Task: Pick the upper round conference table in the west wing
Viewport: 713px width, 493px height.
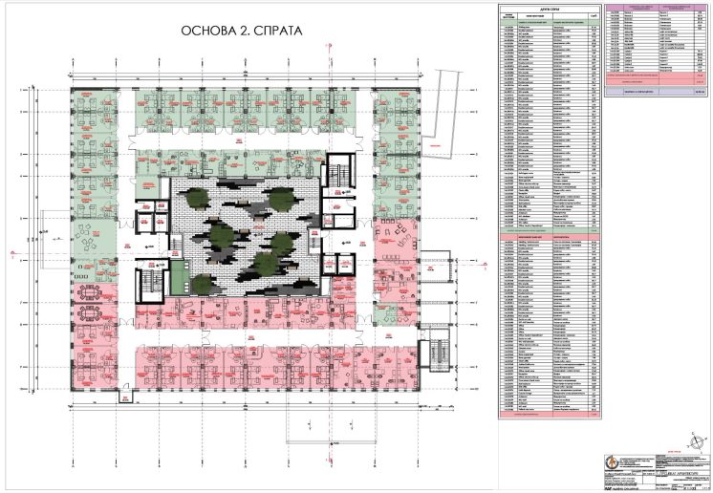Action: [x=93, y=289]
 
